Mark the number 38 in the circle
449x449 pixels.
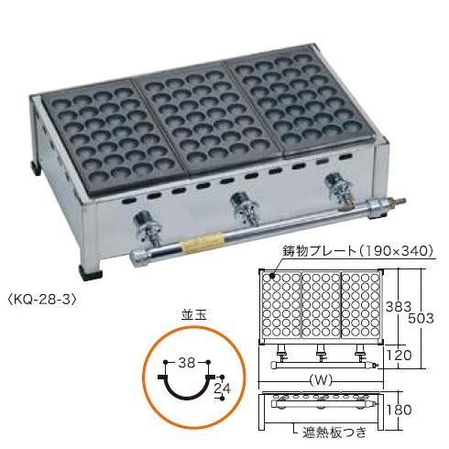[x=190, y=361]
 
